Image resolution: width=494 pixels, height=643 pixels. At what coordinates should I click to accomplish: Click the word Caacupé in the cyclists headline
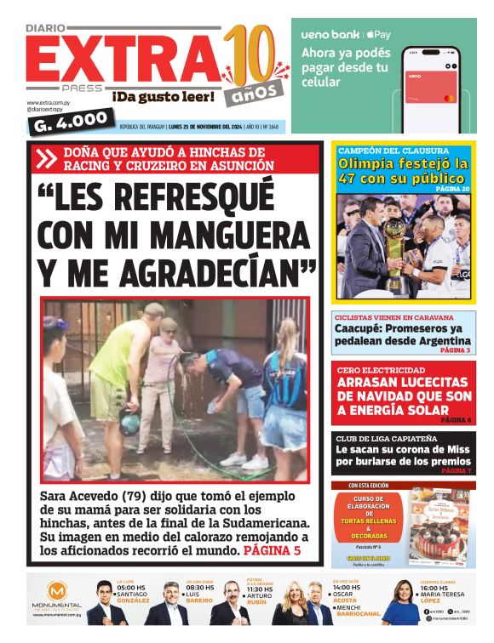point(361,329)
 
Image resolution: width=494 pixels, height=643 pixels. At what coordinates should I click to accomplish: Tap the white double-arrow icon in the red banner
point(45,158)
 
